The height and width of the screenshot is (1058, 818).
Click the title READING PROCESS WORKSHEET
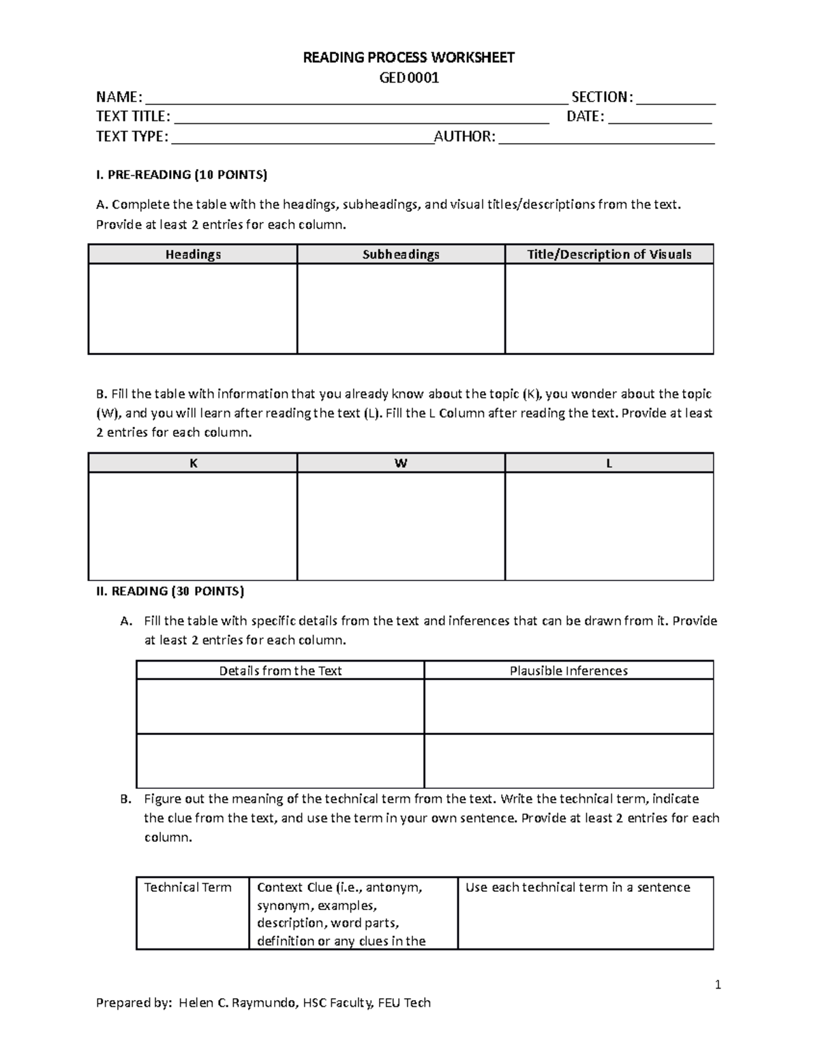coord(408,57)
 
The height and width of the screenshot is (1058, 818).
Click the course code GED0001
coord(408,78)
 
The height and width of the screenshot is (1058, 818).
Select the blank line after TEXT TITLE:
coord(362,118)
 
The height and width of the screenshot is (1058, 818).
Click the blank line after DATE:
coord(659,118)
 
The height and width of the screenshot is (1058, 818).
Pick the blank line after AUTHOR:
coord(607,138)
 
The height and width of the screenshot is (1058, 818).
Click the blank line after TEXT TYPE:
coord(302,138)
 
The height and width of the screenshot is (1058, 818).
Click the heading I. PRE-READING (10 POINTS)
coord(181,175)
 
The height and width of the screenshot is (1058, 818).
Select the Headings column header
coord(193,254)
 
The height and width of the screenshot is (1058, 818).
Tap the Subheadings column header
coord(401,254)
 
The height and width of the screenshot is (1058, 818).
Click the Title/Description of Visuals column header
coord(609,254)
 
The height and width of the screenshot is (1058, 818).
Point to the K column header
coord(193,463)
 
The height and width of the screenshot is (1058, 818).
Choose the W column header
coord(401,463)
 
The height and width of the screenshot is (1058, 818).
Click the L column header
coord(609,463)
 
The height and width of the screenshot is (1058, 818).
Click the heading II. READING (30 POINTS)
coord(170,591)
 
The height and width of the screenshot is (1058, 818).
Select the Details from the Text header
coord(280,670)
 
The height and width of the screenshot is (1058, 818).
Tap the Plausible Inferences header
coord(569,670)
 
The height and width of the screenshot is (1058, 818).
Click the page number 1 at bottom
coord(717,984)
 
